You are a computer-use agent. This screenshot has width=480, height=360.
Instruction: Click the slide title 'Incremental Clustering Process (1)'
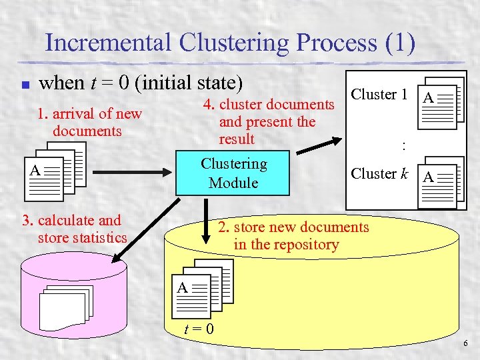point(230,43)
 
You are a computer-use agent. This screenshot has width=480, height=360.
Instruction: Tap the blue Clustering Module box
point(233,173)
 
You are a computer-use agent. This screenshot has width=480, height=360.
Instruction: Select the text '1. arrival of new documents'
point(89,122)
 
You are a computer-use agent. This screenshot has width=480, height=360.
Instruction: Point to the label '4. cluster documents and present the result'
point(267,121)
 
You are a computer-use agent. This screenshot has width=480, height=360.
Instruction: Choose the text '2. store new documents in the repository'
point(293,235)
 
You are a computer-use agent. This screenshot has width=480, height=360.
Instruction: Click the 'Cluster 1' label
point(379,95)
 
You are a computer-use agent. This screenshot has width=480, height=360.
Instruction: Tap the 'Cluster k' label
point(379,174)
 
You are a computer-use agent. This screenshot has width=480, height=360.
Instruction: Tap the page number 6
point(465,343)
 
